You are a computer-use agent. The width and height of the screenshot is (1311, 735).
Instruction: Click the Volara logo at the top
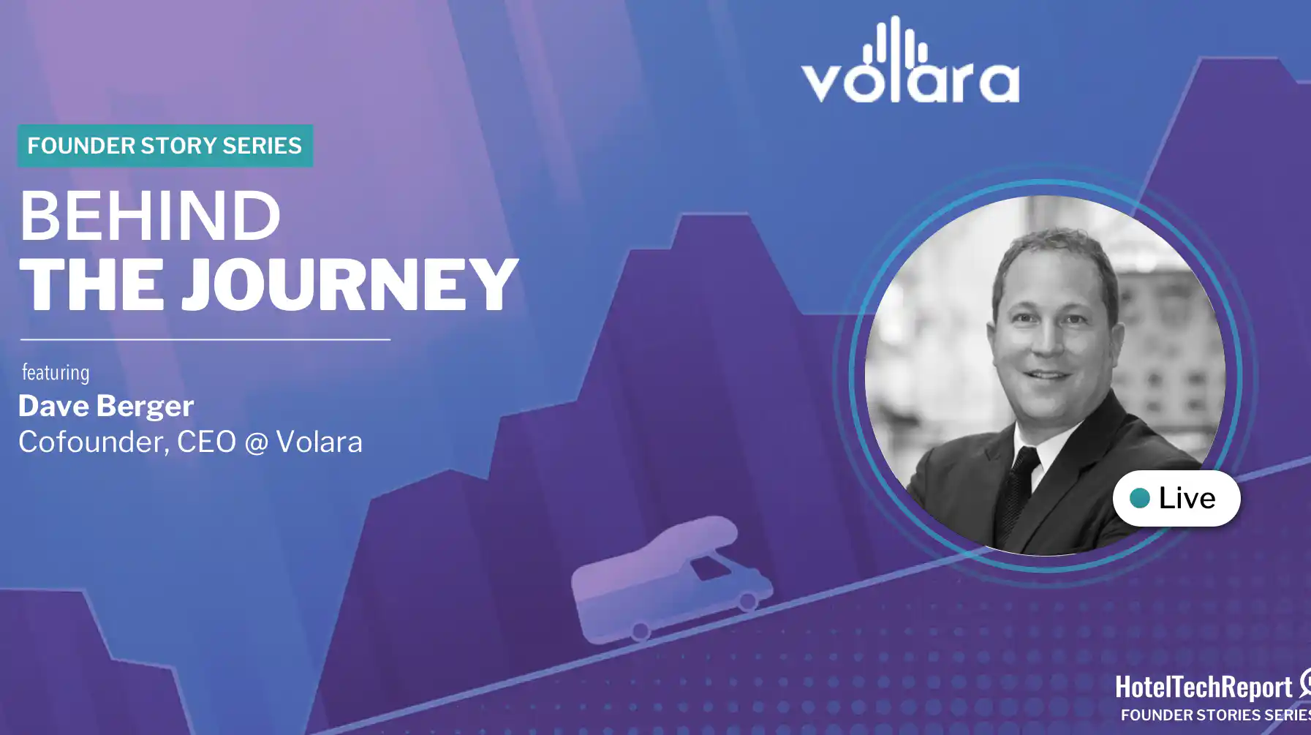[x=910, y=59]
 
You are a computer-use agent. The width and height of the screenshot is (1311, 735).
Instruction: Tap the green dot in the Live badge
[x=1139, y=499]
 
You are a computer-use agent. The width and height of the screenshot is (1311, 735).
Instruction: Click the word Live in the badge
[x=1187, y=498]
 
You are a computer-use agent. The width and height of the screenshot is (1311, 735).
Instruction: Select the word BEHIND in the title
[x=150, y=216]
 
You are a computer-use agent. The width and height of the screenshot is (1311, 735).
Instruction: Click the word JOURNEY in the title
[x=350, y=284]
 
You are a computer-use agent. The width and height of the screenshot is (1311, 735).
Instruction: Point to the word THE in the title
[x=92, y=284]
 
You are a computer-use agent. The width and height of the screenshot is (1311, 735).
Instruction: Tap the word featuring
[x=56, y=373]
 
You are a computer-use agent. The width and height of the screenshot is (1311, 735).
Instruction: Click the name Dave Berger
[x=106, y=406]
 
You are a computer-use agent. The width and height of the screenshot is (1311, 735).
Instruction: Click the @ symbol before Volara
[x=257, y=443]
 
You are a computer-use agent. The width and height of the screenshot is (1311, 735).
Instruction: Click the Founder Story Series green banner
[x=165, y=146]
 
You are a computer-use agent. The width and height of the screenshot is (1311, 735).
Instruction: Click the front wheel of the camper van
[x=747, y=601]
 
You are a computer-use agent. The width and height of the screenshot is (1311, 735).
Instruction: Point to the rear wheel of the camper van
[x=641, y=630]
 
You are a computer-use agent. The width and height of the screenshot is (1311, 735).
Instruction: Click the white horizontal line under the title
[x=205, y=339]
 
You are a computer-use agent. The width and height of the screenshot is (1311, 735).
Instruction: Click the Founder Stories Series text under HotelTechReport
[x=1215, y=715]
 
